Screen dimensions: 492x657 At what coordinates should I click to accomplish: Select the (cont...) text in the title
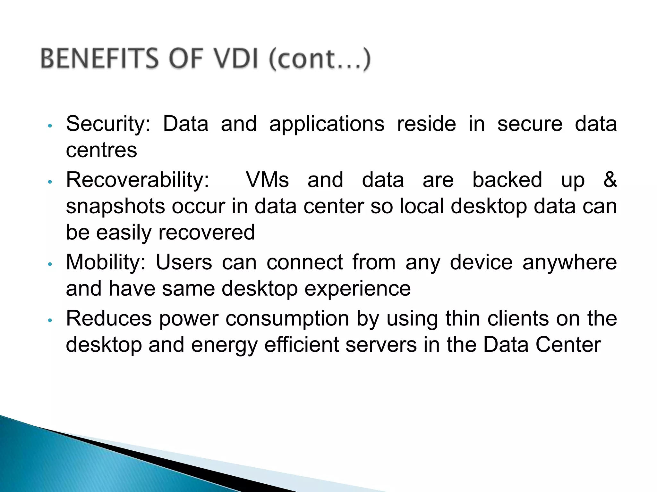click(320, 59)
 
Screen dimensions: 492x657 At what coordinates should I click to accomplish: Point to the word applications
click(327, 124)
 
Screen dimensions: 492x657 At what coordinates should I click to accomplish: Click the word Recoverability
click(138, 180)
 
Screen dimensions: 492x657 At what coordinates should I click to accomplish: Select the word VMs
click(267, 180)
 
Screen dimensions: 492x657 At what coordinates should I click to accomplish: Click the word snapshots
click(115, 207)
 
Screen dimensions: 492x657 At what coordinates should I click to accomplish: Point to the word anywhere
click(569, 263)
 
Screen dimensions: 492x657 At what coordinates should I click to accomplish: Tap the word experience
click(357, 289)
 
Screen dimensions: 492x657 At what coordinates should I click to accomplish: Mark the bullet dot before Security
click(49, 126)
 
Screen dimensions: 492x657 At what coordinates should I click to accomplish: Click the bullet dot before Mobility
click(49, 264)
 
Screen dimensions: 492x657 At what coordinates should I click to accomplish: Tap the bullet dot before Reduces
click(49, 320)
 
